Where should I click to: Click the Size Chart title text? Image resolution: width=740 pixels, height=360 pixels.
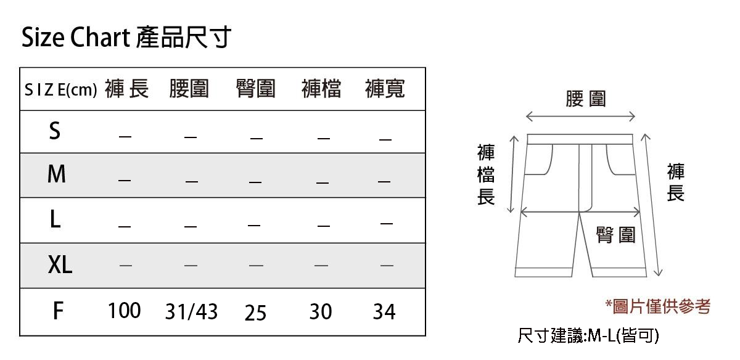(126, 38)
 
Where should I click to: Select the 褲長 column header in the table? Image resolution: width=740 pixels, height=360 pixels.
(127, 89)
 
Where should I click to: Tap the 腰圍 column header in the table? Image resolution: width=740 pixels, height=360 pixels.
(189, 89)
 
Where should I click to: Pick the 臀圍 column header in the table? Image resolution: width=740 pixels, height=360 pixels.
(255, 89)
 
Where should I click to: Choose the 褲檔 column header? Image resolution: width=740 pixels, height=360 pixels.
(321, 89)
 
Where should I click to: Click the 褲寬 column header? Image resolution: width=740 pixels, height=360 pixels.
(385, 89)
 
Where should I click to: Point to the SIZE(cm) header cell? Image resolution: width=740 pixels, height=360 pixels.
(60, 90)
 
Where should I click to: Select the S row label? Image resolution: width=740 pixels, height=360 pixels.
(55, 131)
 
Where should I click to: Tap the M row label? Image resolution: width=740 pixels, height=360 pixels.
(56, 175)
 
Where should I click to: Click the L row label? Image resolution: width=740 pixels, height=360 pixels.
(55, 219)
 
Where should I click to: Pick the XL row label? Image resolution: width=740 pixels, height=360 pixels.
(60, 265)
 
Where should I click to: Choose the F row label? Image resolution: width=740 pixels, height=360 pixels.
(57, 311)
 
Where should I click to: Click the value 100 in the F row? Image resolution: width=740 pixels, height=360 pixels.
(125, 311)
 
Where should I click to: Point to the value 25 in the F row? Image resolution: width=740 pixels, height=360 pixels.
(255, 313)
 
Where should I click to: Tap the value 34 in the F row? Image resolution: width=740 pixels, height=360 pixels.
(384, 312)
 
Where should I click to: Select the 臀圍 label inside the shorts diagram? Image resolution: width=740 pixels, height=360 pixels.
(615, 234)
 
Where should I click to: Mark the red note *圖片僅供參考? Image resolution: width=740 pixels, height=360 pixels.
(657, 306)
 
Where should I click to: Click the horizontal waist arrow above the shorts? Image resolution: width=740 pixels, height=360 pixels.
(580, 117)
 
